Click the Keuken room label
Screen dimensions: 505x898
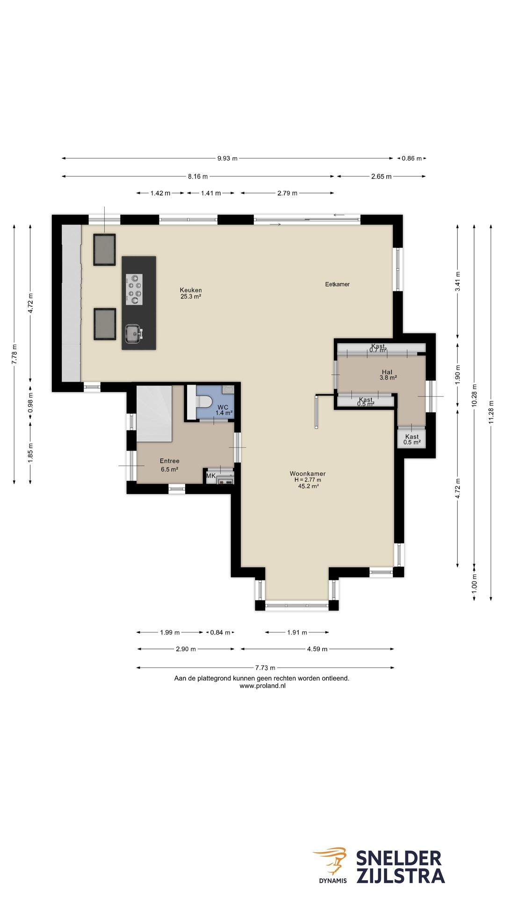click(x=191, y=290)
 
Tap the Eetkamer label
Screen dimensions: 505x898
click(x=337, y=284)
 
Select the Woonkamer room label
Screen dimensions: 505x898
click(x=308, y=474)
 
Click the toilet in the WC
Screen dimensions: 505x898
click(x=204, y=402)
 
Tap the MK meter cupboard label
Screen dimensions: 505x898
click(x=211, y=476)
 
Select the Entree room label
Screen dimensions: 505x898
click(x=169, y=461)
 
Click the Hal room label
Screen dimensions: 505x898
click(x=387, y=372)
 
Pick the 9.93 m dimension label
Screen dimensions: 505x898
click(x=227, y=159)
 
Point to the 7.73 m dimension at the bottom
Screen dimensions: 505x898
click(x=265, y=668)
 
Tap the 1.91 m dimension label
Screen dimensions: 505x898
click(x=297, y=632)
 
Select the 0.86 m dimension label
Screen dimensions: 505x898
click(x=411, y=159)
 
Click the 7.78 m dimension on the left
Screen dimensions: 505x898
click(x=14, y=354)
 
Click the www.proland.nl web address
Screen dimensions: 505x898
click(x=262, y=686)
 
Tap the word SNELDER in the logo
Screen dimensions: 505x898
click(x=399, y=859)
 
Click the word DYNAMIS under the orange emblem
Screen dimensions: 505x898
click(x=333, y=881)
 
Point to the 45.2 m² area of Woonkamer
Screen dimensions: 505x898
click(x=309, y=486)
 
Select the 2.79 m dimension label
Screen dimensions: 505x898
click(x=287, y=193)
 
